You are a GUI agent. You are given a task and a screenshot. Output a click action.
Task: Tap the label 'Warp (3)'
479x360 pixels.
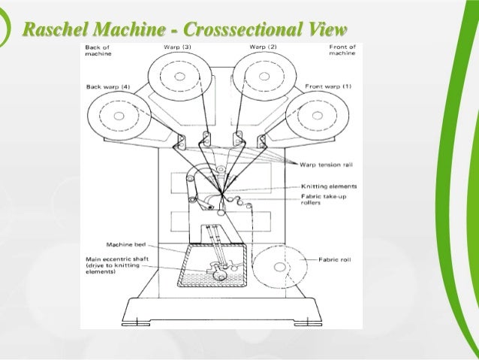[x=177, y=47]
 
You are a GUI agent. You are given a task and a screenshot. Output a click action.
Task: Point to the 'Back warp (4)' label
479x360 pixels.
[x=107, y=87]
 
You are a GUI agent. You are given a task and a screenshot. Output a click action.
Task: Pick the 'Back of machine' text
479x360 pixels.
[x=97, y=50]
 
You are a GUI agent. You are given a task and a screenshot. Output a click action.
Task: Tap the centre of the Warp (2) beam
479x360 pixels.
[x=258, y=77]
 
